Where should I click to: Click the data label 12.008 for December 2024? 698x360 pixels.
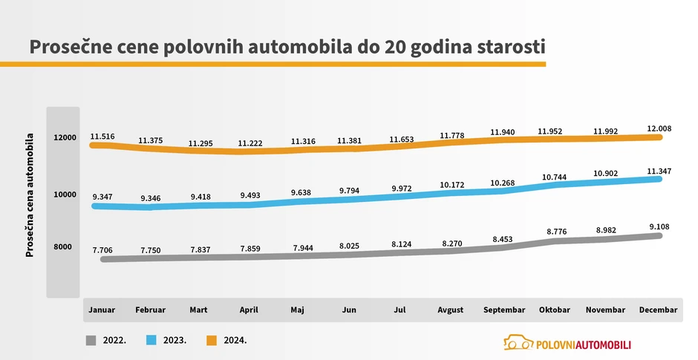click(x=659, y=129)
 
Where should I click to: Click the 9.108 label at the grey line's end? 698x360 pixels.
click(x=659, y=227)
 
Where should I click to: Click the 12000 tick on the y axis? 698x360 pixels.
click(x=65, y=138)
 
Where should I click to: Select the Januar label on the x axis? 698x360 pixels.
click(x=101, y=310)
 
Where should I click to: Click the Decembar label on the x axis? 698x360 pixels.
click(x=658, y=310)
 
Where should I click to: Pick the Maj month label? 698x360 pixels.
click(x=297, y=310)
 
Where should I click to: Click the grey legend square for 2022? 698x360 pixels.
click(x=91, y=340)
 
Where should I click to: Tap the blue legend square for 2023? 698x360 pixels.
click(x=151, y=340)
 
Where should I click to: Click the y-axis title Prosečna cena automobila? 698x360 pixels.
click(x=30, y=194)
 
